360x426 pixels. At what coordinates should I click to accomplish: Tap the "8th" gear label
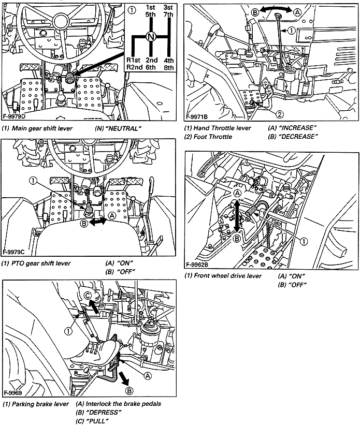(168, 68)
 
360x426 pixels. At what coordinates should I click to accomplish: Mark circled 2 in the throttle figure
(279, 114)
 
